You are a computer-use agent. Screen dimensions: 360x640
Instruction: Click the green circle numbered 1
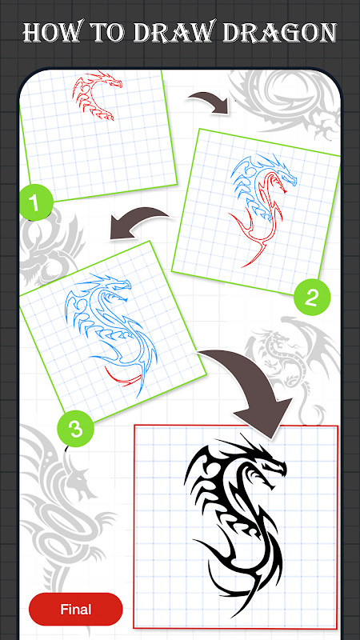click(36, 203)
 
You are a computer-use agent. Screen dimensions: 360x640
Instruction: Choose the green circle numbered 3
click(75, 429)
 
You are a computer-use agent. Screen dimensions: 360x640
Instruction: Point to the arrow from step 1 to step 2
click(209, 102)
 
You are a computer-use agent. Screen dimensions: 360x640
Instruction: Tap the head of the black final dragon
click(266, 466)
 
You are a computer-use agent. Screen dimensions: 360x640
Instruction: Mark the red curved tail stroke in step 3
click(121, 378)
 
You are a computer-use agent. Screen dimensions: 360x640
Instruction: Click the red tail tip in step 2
click(244, 266)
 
